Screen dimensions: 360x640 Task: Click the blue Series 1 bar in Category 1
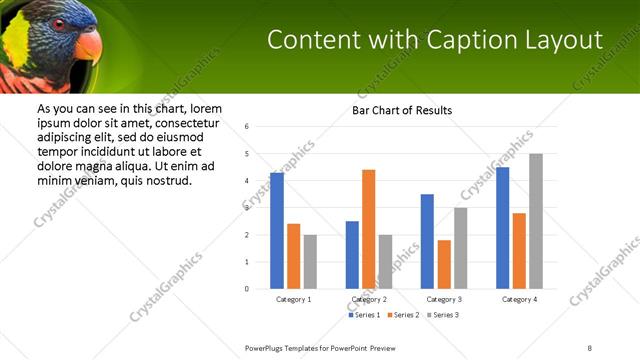point(277,231)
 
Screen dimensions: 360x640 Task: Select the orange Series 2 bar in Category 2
point(368,229)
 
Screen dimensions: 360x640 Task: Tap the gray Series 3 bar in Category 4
point(536,221)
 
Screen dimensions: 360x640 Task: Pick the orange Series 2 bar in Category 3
point(444,264)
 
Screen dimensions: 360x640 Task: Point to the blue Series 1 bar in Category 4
point(502,228)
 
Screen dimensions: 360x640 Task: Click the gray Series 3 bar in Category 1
point(310,262)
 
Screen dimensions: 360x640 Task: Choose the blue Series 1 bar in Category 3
point(427,241)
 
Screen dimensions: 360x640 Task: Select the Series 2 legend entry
point(402,315)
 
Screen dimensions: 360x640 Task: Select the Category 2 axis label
point(369,299)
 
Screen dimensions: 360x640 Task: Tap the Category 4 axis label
point(519,299)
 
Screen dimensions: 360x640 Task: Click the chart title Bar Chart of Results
point(402,110)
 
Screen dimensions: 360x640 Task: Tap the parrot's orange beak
point(88,46)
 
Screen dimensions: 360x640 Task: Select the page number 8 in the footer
point(590,348)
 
